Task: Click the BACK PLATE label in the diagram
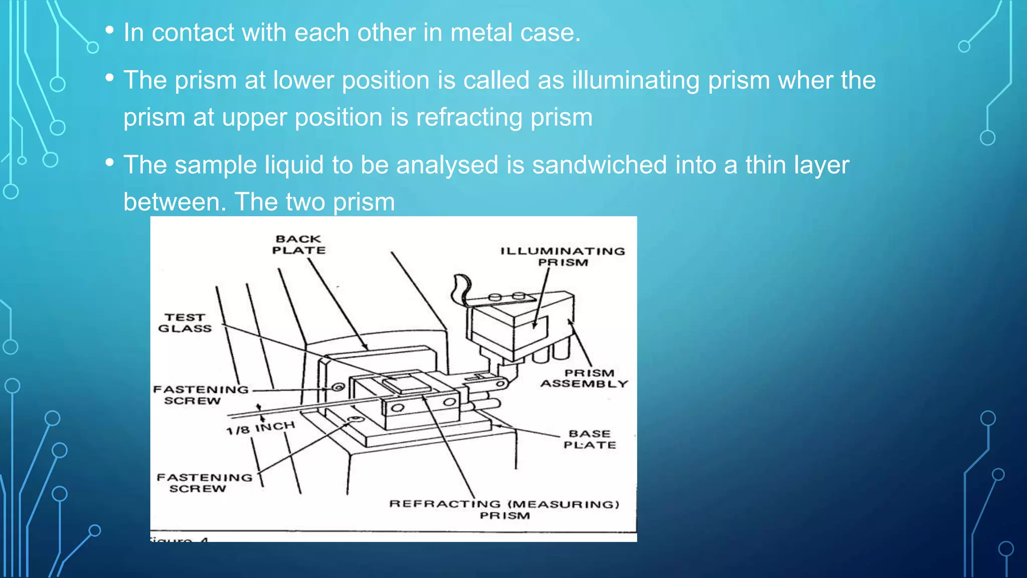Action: click(x=298, y=245)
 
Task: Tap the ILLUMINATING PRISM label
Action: click(x=563, y=256)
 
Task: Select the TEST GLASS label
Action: click(x=185, y=323)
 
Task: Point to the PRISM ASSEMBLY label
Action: click(x=585, y=378)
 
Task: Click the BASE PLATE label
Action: click(x=590, y=439)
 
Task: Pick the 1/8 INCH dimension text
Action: click(x=260, y=428)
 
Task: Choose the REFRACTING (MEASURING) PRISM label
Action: click(x=504, y=509)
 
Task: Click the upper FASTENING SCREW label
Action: click(x=200, y=395)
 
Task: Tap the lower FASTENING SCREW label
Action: click(x=204, y=483)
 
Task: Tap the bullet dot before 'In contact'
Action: click(x=110, y=30)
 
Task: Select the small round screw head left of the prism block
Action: click(x=338, y=387)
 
